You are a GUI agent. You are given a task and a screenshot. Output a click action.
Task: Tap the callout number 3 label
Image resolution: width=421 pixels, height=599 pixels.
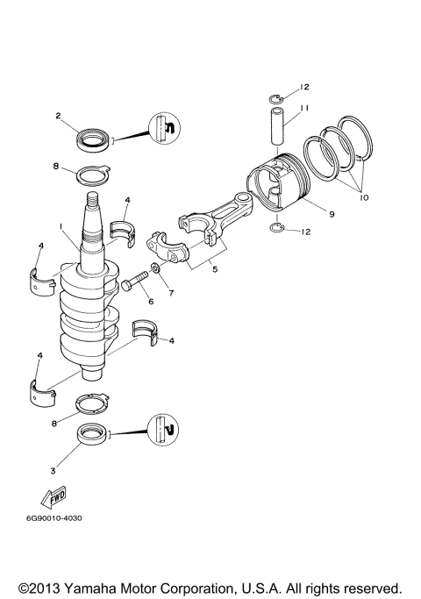[x=53, y=471]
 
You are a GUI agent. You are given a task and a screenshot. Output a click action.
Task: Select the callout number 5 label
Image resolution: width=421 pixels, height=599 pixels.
[x=215, y=270]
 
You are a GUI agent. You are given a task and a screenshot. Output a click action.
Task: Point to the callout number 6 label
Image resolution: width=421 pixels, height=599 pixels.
[x=150, y=301]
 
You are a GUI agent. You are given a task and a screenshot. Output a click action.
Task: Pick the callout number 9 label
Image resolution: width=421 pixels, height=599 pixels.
[x=332, y=213]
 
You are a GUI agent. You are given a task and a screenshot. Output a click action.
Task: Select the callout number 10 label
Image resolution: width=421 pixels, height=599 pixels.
[x=364, y=198]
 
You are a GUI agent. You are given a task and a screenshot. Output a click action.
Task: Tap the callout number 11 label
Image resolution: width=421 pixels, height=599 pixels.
[x=305, y=108]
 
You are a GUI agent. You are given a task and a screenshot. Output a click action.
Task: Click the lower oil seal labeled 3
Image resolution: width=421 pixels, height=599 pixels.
[x=90, y=433]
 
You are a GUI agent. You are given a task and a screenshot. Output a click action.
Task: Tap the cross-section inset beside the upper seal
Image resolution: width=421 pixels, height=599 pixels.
[x=164, y=129]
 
